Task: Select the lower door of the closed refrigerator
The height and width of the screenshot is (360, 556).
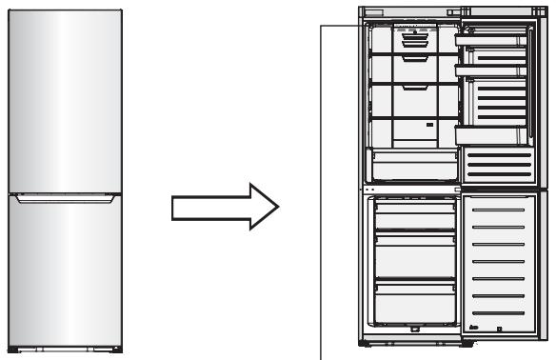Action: pyautogui.click(x=63, y=271)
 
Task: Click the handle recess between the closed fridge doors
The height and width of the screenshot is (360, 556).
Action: pyautogui.click(x=63, y=199)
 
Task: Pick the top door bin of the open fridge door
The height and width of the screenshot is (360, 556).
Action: pyautogui.click(x=491, y=41)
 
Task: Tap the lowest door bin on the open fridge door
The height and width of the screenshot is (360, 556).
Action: pyautogui.click(x=491, y=134)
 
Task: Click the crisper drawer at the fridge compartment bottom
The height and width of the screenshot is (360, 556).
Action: pyautogui.click(x=410, y=164)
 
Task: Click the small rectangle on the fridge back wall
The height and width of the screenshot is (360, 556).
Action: pyautogui.click(x=431, y=125)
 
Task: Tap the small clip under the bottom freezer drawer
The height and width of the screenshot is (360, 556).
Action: pyautogui.click(x=414, y=331)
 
